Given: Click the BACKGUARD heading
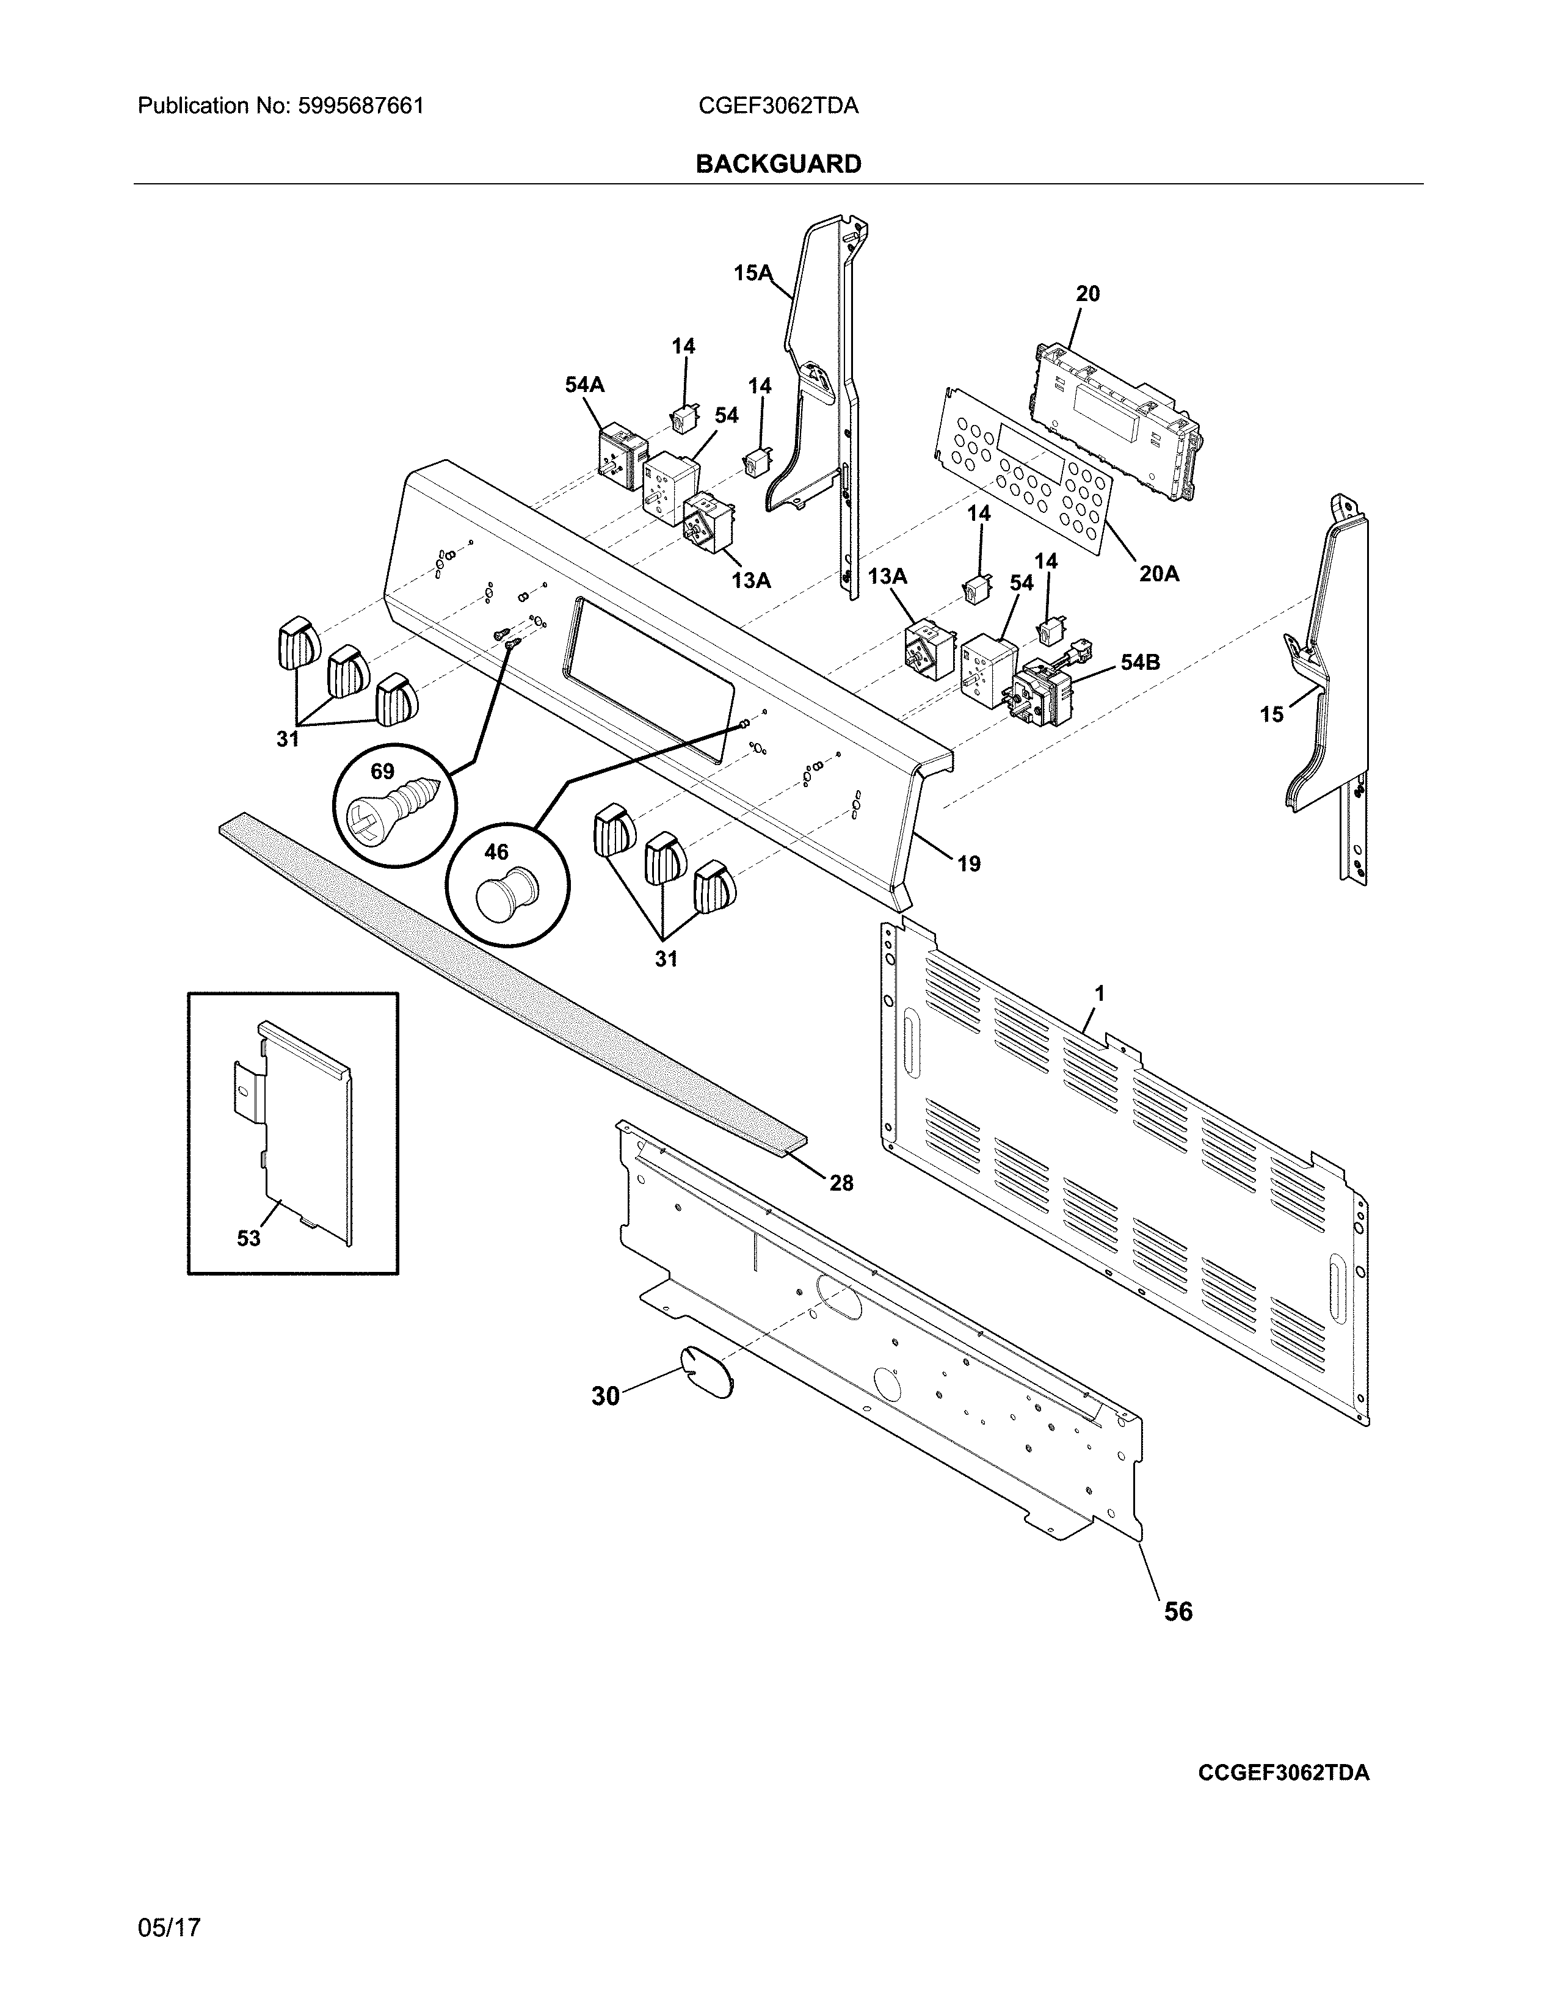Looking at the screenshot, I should click(x=777, y=164).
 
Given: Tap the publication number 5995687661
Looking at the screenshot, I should click(x=361, y=106).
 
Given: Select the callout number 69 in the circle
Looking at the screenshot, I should click(x=382, y=771).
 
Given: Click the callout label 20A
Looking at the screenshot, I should click(x=1158, y=574).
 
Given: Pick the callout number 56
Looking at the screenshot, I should click(x=1178, y=1611).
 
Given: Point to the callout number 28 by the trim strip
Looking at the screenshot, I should click(x=841, y=1183).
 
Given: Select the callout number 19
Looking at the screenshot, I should click(x=968, y=865).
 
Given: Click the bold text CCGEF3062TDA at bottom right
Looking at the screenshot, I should click(x=1283, y=1773).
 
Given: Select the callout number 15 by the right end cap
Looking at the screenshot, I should click(x=1271, y=714).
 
